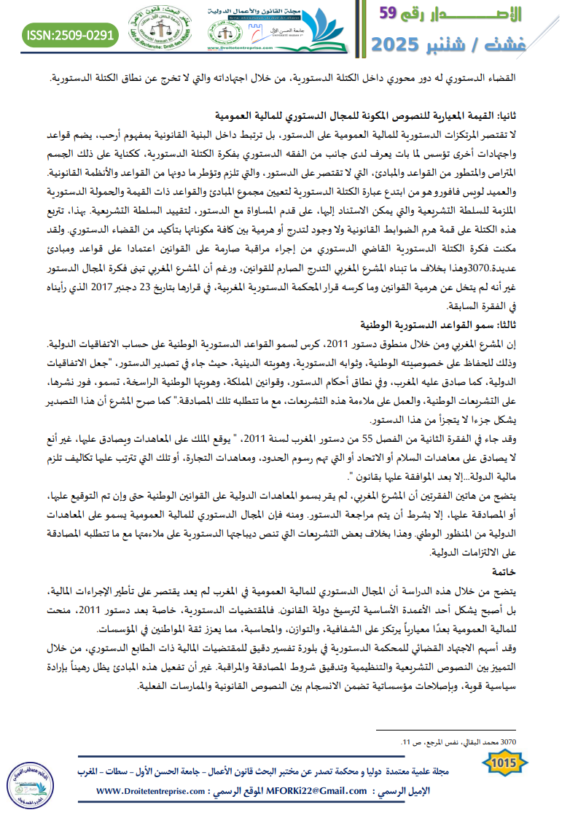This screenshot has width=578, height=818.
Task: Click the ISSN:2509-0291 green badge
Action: [x=70, y=34]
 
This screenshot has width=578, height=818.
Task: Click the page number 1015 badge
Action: [x=504, y=763]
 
